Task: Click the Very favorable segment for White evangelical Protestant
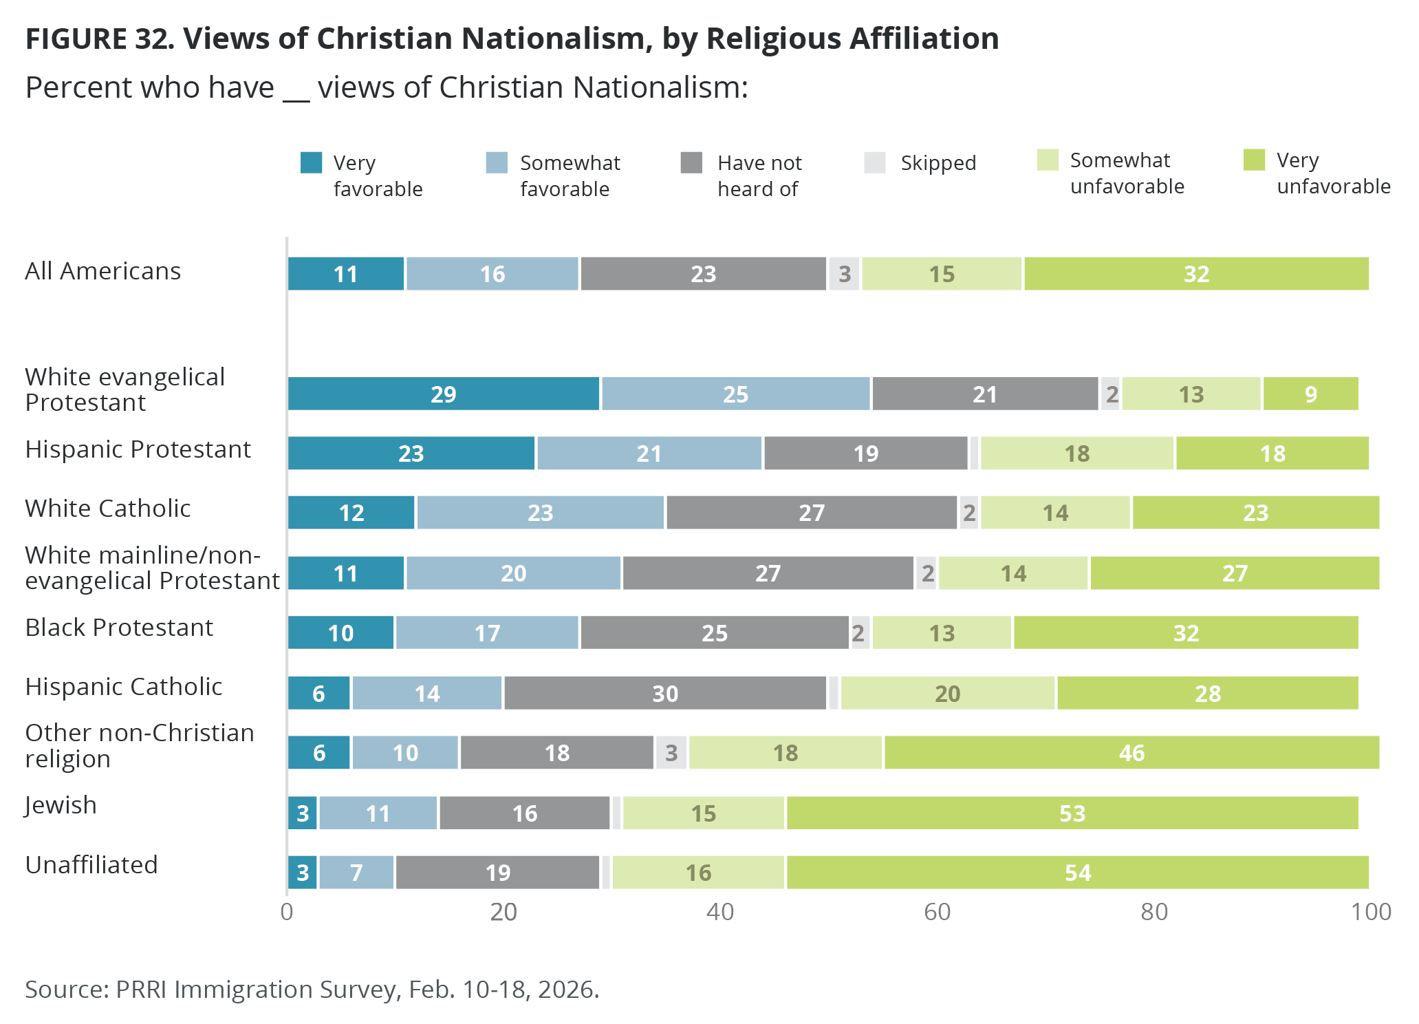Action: (444, 394)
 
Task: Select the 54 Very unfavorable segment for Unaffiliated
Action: (1077, 873)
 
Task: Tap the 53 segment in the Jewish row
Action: (1072, 813)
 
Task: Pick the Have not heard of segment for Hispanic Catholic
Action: (664, 693)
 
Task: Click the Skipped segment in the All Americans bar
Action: (844, 274)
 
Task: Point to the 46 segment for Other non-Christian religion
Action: (1131, 753)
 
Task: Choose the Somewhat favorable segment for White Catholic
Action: (541, 513)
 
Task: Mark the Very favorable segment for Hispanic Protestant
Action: (411, 454)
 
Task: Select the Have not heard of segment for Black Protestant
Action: (714, 633)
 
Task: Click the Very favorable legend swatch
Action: (312, 163)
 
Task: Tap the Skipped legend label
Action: (938, 163)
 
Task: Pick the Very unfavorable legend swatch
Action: (1254, 160)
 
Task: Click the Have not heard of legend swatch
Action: (691, 163)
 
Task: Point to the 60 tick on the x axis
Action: (937, 912)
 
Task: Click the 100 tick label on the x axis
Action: (1370, 912)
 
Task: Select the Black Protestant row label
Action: (119, 628)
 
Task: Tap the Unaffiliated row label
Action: (91, 865)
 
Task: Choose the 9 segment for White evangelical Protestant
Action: (1310, 394)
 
